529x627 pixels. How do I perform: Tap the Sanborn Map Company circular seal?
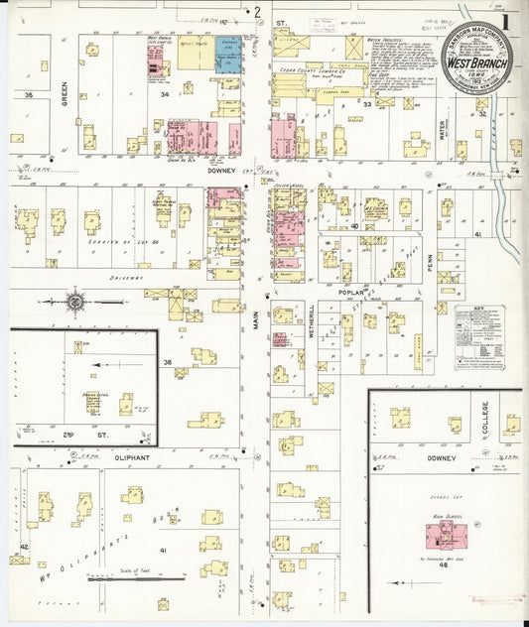470,63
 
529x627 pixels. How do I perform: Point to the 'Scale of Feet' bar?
138,577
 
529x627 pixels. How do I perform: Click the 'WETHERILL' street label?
310,321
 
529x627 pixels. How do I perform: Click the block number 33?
367,104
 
